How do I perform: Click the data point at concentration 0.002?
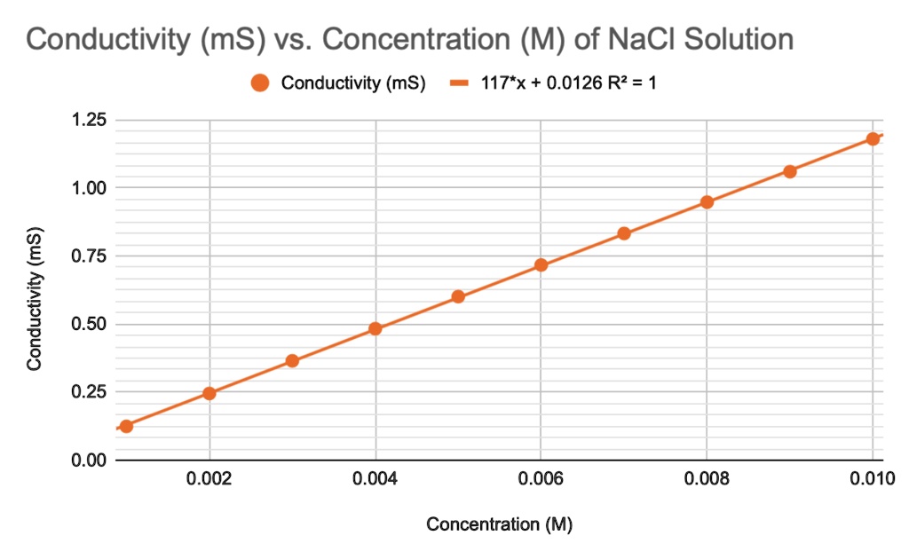point(209,393)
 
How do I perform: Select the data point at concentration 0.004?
point(375,328)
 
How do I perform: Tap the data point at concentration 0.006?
point(541,264)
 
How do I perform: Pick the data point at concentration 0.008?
point(707,201)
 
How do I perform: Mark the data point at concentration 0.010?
point(873,138)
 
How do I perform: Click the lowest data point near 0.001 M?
point(126,426)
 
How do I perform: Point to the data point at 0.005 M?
point(458,296)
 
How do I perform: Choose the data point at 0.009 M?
point(790,171)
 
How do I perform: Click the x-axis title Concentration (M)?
point(500,524)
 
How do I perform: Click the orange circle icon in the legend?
point(260,83)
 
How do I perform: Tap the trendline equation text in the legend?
point(568,83)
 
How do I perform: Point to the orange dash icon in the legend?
point(459,83)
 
